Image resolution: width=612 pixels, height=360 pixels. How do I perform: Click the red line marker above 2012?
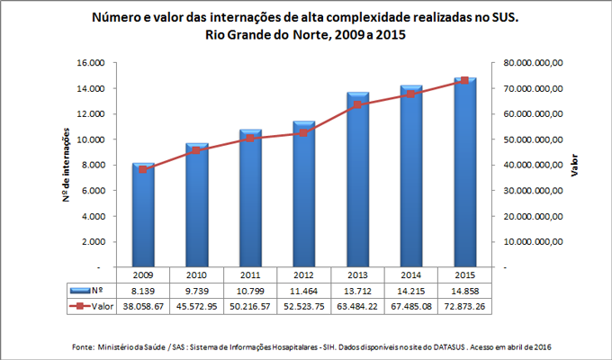[304, 132]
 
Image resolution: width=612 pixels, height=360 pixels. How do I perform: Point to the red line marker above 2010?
[197, 150]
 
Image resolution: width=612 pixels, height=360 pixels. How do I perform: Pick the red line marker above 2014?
[411, 94]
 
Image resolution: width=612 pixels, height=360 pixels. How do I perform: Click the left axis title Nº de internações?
[66, 165]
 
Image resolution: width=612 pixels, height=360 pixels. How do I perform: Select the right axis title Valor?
[573, 165]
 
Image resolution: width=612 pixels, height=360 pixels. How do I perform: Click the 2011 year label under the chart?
[251, 275]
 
